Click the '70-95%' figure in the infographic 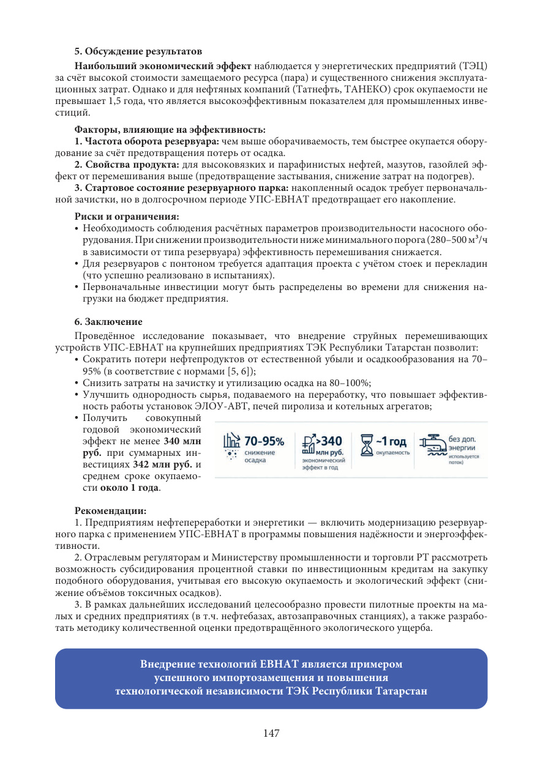(x=264, y=441)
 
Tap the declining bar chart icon (x=231, y=441)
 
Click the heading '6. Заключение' (x=108, y=322)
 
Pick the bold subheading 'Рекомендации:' (x=110, y=510)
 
